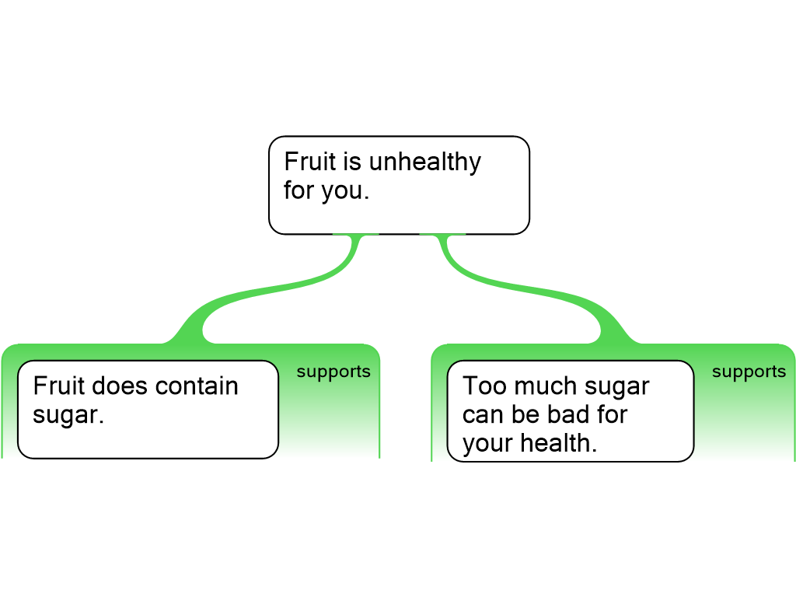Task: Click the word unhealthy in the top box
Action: pyautogui.click(x=424, y=162)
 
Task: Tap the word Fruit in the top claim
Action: pyautogui.click(x=302, y=162)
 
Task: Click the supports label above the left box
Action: pyautogui.click(x=333, y=372)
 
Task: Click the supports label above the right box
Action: pyautogui.click(x=749, y=372)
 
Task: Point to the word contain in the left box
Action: pyautogui.click(x=197, y=386)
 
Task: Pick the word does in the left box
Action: pyautogui.click(x=120, y=386)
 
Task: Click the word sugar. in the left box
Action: pyautogui.click(x=68, y=415)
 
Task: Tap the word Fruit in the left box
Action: pyautogui.click(x=59, y=386)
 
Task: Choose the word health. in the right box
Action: pyautogui.click(x=558, y=442)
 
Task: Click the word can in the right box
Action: pyautogui.click(x=483, y=414)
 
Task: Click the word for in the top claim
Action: pyautogui.click(x=298, y=190)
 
